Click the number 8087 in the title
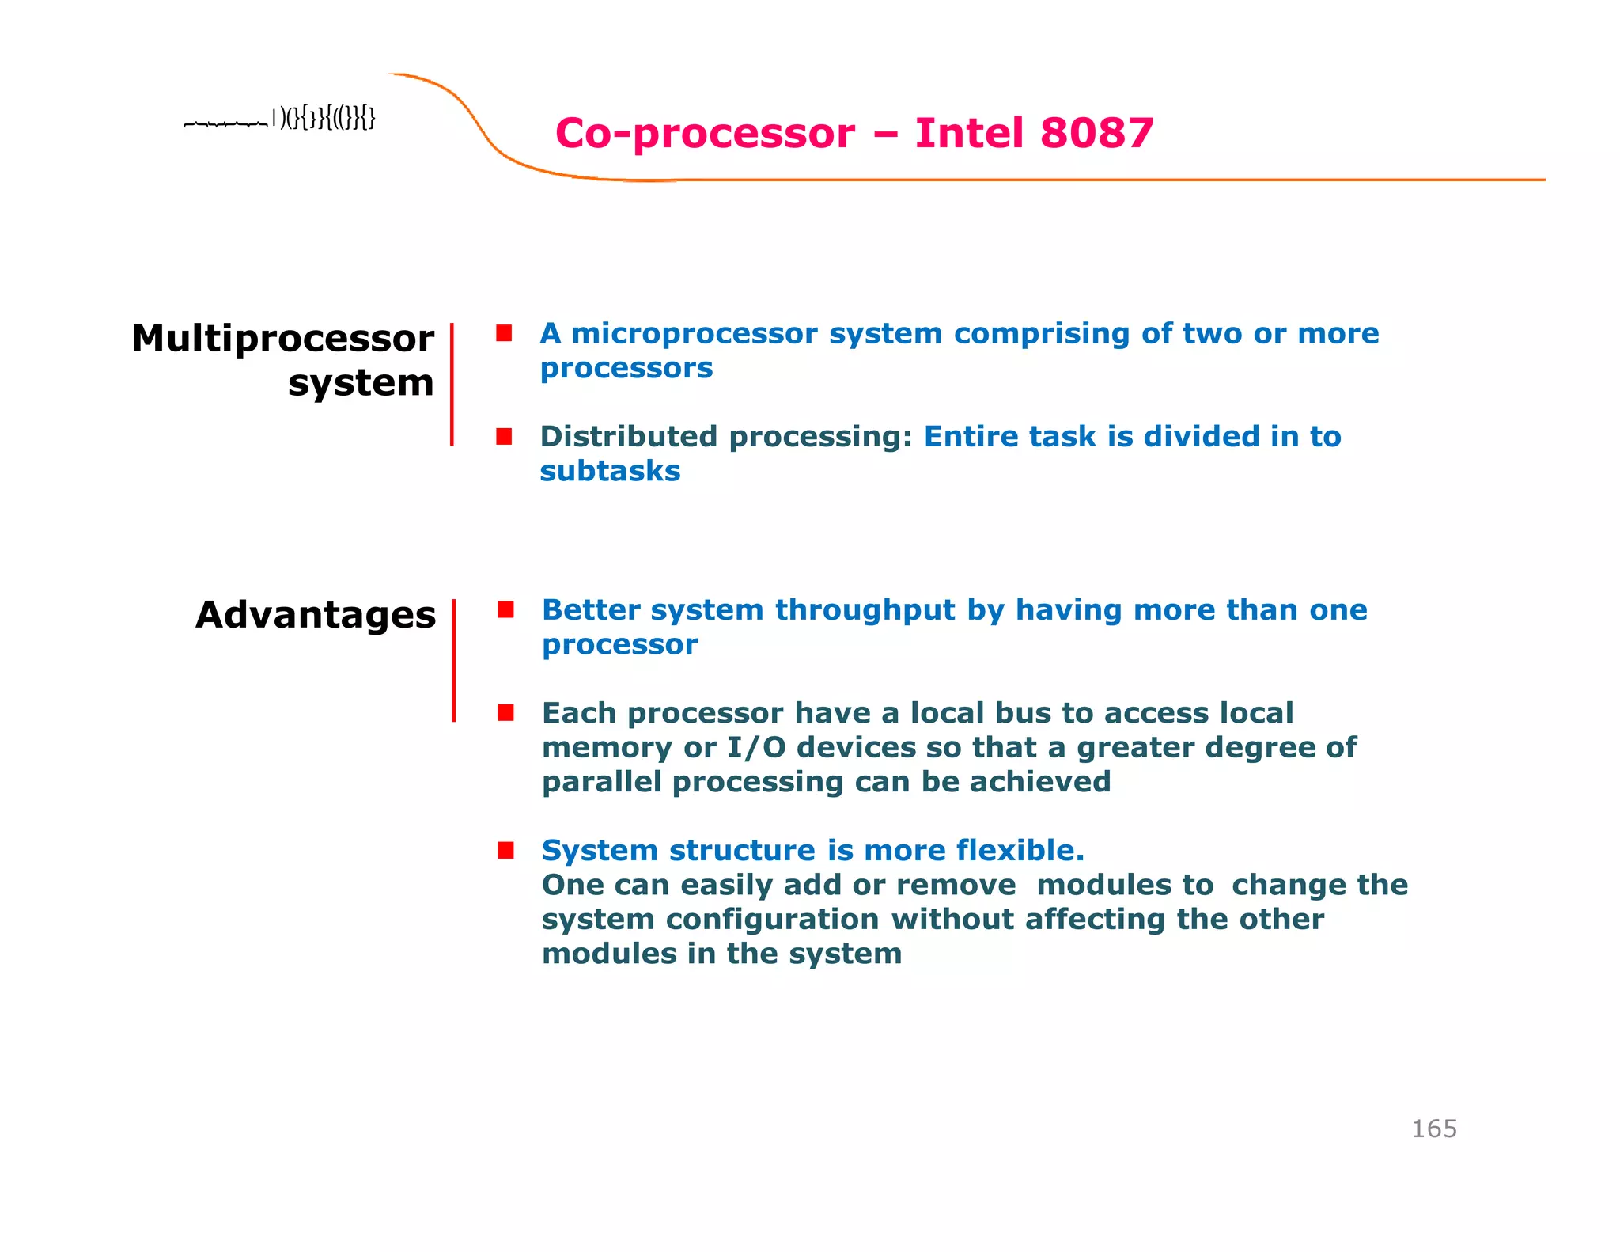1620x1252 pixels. pos(1096,133)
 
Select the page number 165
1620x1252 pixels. pos(1433,1129)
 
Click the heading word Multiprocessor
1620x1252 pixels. pos(282,339)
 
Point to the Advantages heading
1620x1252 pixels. pos(316,615)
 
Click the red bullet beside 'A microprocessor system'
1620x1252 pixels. pos(504,333)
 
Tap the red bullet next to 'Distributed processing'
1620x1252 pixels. pos(504,437)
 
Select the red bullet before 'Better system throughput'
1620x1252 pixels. pos(505,609)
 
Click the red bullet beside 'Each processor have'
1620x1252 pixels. pos(505,713)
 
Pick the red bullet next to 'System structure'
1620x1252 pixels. pos(505,851)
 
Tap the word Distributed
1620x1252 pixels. pos(628,437)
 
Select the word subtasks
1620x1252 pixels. pos(610,472)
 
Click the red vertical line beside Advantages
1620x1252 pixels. pos(453,661)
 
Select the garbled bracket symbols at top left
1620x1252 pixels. pos(324,119)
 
